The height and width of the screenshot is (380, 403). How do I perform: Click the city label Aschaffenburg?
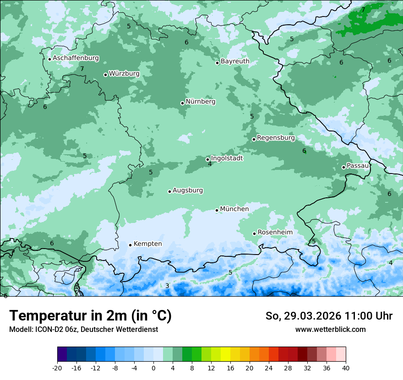76,58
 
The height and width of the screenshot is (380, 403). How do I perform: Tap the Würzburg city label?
124,74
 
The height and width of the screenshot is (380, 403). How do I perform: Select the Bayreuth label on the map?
235,61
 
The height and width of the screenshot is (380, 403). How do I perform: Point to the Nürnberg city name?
200,102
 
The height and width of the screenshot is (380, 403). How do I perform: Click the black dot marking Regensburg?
254,139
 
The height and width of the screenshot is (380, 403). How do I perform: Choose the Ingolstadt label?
227,158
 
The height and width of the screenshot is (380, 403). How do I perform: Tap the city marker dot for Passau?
343,167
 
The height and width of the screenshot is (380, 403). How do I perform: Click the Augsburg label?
187,190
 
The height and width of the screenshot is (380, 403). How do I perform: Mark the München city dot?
217,210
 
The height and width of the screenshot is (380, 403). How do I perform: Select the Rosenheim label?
275,233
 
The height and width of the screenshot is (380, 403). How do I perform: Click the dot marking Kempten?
130,245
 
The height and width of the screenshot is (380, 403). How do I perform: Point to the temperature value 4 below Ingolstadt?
210,164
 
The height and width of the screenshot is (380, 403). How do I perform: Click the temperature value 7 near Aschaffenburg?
82,69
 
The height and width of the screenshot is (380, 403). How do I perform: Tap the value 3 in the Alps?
167,286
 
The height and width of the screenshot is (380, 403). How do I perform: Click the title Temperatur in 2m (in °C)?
90,315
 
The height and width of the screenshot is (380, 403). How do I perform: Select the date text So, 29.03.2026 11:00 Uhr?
329,316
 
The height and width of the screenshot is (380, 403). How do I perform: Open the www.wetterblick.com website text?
330,329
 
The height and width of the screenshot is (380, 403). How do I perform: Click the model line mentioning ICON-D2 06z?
83,329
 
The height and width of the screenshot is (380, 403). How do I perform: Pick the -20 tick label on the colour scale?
57,368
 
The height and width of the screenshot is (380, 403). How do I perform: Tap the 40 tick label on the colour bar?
345,368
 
